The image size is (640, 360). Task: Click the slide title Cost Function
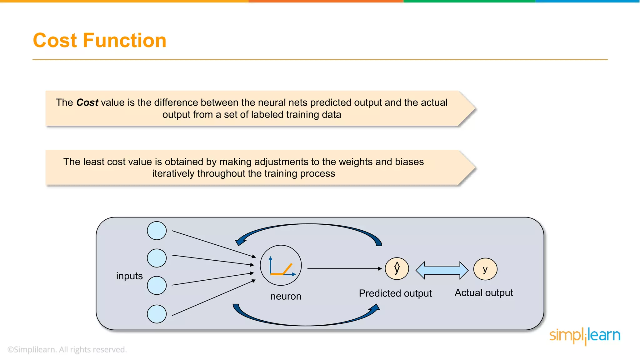[x=99, y=40]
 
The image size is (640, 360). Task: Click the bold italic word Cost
[x=87, y=102]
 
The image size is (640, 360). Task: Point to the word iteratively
[x=173, y=173]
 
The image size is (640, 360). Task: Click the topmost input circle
[x=157, y=231]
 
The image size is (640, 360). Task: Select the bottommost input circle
[x=157, y=314]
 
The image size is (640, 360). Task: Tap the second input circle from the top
[x=157, y=258]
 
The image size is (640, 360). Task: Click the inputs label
[x=129, y=276]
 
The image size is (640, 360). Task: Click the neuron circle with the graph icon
[x=281, y=265]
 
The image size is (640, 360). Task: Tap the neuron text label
[x=286, y=296]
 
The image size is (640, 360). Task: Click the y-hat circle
[x=397, y=268]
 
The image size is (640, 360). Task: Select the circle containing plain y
[x=485, y=269]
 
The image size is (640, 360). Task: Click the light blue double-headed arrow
[x=442, y=270]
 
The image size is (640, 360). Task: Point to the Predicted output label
[x=395, y=293]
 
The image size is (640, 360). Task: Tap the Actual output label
[x=483, y=292]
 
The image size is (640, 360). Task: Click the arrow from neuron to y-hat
[x=344, y=268]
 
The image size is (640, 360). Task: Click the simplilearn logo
[x=585, y=336]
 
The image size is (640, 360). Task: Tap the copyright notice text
[x=67, y=349]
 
